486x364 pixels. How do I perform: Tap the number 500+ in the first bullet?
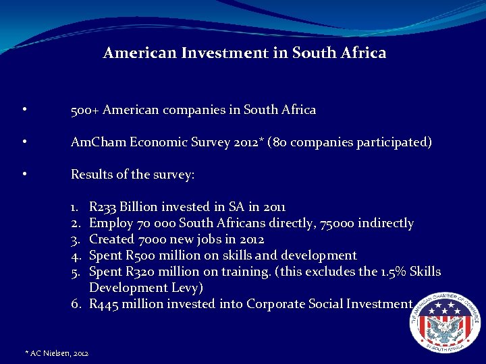[85, 110]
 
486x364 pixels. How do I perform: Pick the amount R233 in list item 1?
[103, 207]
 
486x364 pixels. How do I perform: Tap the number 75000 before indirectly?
[329, 223]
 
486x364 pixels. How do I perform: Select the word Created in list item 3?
[113, 239]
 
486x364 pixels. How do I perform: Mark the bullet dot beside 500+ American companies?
[24, 110]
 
